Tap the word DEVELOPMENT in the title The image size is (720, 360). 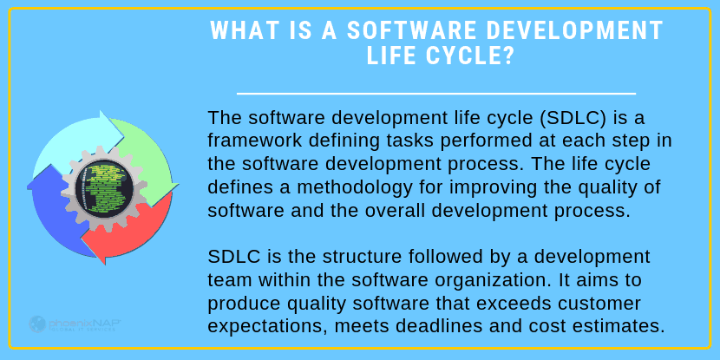(x=575, y=30)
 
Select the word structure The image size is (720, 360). (x=363, y=257)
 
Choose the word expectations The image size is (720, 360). (x=267, y=327)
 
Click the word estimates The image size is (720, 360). (x=620, y=326)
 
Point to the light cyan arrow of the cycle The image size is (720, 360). (x=75, y=138)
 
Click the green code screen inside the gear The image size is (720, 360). (x=103, y=187)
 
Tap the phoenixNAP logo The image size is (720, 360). (x=75, y=324)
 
